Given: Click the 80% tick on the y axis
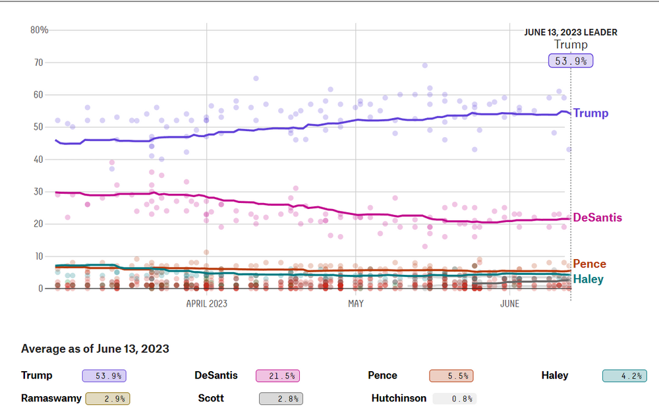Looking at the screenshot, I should [x=40, y=30].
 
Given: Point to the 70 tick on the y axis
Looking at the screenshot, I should [x=39, y=62].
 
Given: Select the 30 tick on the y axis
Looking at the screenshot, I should [x=39, y=191].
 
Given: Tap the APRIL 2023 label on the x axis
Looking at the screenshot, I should [x=206, y=303].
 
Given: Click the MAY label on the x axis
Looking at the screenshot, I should [x=355, y=303].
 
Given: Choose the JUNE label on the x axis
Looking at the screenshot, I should [x=509, y=303].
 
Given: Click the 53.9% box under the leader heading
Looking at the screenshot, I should [x=571, y=61].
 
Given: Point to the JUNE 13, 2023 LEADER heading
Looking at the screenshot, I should [x=571, y=32].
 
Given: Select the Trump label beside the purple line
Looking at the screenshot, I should [x=591, y=113].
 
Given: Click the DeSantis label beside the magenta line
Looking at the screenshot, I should [x=598, y=218].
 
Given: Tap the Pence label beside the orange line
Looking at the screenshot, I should [x=590, y=264].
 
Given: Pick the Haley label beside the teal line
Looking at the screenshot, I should [x=588, y=279].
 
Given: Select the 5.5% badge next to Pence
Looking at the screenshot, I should [x=451, y=376].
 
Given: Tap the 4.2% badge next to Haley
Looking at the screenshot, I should [x=624, y=376].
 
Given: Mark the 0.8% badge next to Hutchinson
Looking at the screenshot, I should [x=454, y=398].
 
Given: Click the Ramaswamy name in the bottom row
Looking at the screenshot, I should [x=51, y=398].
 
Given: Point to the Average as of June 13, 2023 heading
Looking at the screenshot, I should [x=95, y=349].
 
